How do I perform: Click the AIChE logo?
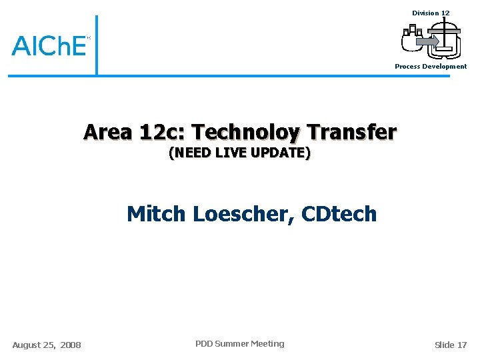49,45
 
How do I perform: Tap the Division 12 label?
431,13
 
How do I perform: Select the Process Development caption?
431,67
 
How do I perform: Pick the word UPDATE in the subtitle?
279,153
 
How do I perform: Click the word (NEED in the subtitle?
190,153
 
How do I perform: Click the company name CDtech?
339,214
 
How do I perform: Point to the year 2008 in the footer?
71,345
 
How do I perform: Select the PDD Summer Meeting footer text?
239,344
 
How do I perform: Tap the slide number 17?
462,345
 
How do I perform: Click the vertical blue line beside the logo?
96,45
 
